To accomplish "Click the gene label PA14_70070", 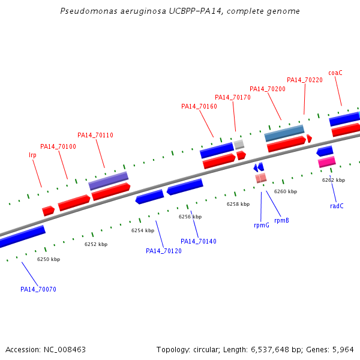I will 38,289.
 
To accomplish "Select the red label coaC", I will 335,73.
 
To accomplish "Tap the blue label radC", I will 337,206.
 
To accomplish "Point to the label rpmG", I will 261,225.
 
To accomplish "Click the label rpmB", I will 281,220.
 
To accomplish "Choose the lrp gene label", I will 32,155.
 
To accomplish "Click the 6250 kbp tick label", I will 49,259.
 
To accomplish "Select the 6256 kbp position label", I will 190,217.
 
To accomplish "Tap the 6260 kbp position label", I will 286,191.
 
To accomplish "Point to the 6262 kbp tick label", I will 334,180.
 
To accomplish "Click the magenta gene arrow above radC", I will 327,162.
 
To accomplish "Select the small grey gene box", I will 239,144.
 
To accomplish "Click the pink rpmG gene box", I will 261,178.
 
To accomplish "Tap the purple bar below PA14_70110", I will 109,181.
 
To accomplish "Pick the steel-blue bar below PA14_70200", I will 284,133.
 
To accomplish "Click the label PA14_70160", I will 199,106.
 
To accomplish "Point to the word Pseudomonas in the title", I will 88,11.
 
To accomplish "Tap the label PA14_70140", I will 199,241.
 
